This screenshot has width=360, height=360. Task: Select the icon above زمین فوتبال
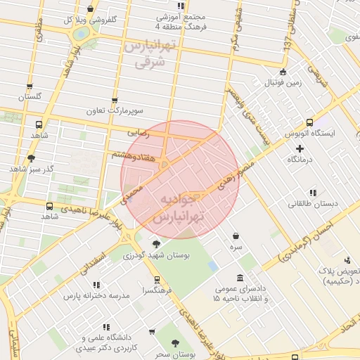click(283, 71)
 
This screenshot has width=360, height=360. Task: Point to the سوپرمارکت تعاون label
click(115, 111)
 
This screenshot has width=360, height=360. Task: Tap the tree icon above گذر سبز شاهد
click(31, 157)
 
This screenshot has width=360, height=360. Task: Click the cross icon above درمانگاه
click(300, 148)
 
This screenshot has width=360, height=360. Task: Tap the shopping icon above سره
click(235, 236)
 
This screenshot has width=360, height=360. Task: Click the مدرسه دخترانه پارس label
click(96, 296)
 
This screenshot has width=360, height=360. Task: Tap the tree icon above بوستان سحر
click(175, 343)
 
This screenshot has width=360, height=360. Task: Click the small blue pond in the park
click(212, 266)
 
